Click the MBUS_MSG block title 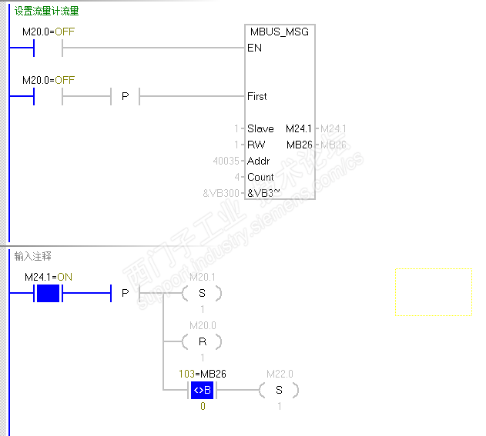click(279, 32)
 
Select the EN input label click(255, 48)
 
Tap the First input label click(257, 96)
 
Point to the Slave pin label click(260, 128)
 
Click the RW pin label click(256, 145)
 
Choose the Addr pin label click(258, 161)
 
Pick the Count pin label click(260, 177)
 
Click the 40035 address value click(226, 161)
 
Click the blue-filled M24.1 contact click(48, 293)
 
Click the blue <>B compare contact click(203, 390)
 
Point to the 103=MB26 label click(202, 374)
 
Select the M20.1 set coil click(202, 293)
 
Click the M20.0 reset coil click(202, 341)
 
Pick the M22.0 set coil click(279, 390)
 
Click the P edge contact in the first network click(125, 96)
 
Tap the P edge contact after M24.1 click(125, 293)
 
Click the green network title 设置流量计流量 click(46, 12)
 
